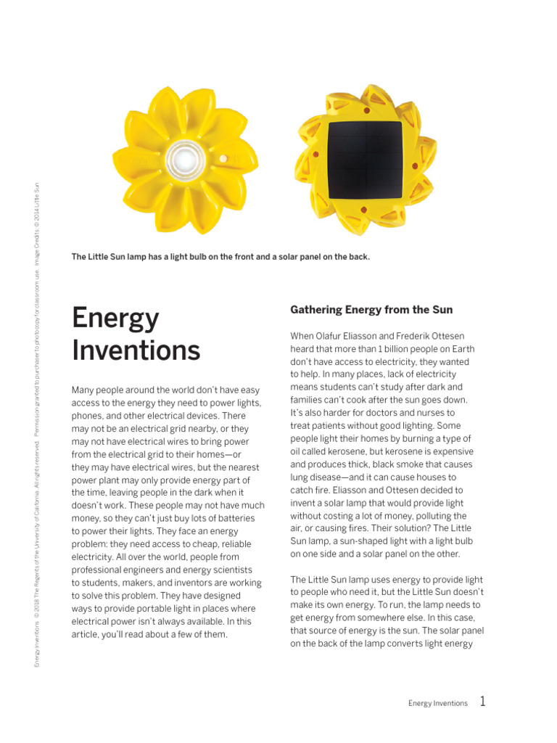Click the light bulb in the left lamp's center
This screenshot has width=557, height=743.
[x=178, y=155]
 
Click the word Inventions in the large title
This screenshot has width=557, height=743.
[x=136, y=350]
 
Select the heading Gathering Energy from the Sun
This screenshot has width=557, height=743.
[x=371, y=310]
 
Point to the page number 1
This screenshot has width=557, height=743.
[x=483, y=702]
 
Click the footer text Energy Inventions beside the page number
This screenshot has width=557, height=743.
[x=437, y=703]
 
